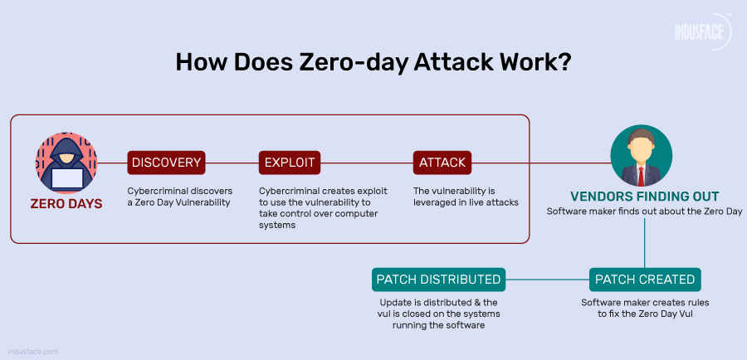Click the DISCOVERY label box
tap(165, 163)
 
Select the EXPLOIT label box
tap(289, 163)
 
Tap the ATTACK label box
tap(442, 163)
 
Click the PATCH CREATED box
tap(645, 279)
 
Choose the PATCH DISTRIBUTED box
tap(438, 279)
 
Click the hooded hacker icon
tap(66, 163)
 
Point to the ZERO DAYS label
tap(66, 203)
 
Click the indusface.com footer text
tap(34, 351)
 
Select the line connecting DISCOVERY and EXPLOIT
tap(231, 163)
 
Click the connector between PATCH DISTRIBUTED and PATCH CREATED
tap(547, 279)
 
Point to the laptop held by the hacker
tap(66, 177)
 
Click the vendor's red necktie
tap(641, 174)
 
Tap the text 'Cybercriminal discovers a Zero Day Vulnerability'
tap(179, 196)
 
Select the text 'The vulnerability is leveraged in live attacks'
tap(466, 196)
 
